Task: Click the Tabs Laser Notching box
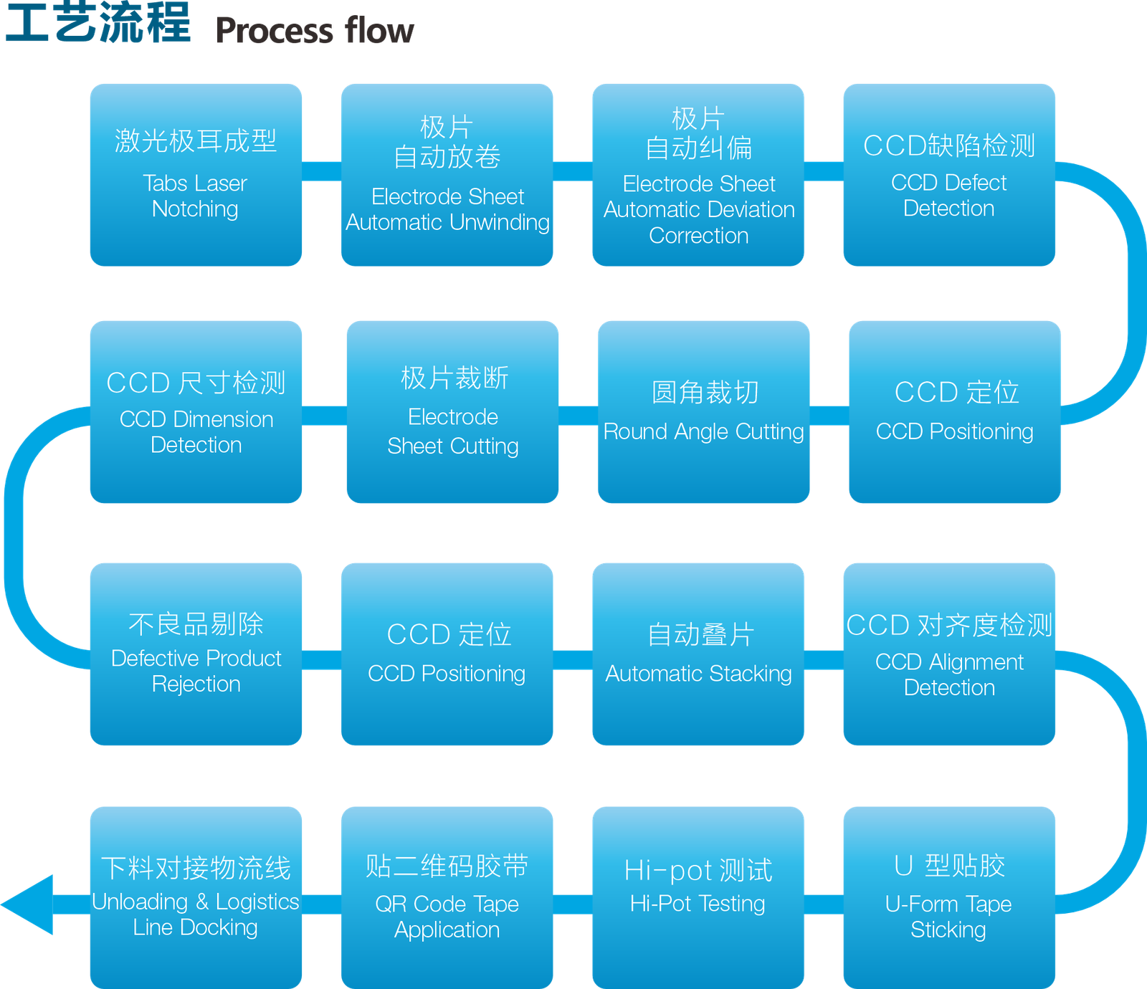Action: pos(196,175)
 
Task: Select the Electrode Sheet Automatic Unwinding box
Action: pos(447,175)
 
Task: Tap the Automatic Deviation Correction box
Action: pos(698,175)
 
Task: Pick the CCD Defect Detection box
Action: pos(949,175)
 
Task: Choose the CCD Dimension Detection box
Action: pos(196,412)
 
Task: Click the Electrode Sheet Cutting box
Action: pos(452,412)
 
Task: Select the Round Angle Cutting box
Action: pos(704,412)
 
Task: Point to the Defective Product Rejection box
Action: pos(196,654)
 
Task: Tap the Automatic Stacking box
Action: pos(698,654)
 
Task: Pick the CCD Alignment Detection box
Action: pos(949,654)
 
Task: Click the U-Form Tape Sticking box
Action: pos(949,898)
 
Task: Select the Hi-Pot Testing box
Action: pos(698,898)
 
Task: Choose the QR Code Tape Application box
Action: pos(447,898)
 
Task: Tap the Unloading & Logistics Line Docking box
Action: pos(196,898)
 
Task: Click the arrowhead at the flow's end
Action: pos(27,904)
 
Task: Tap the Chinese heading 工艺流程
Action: pos(98,21)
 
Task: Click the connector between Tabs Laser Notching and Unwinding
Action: pos(321,171)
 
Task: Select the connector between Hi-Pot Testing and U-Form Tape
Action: pos(824,904)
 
